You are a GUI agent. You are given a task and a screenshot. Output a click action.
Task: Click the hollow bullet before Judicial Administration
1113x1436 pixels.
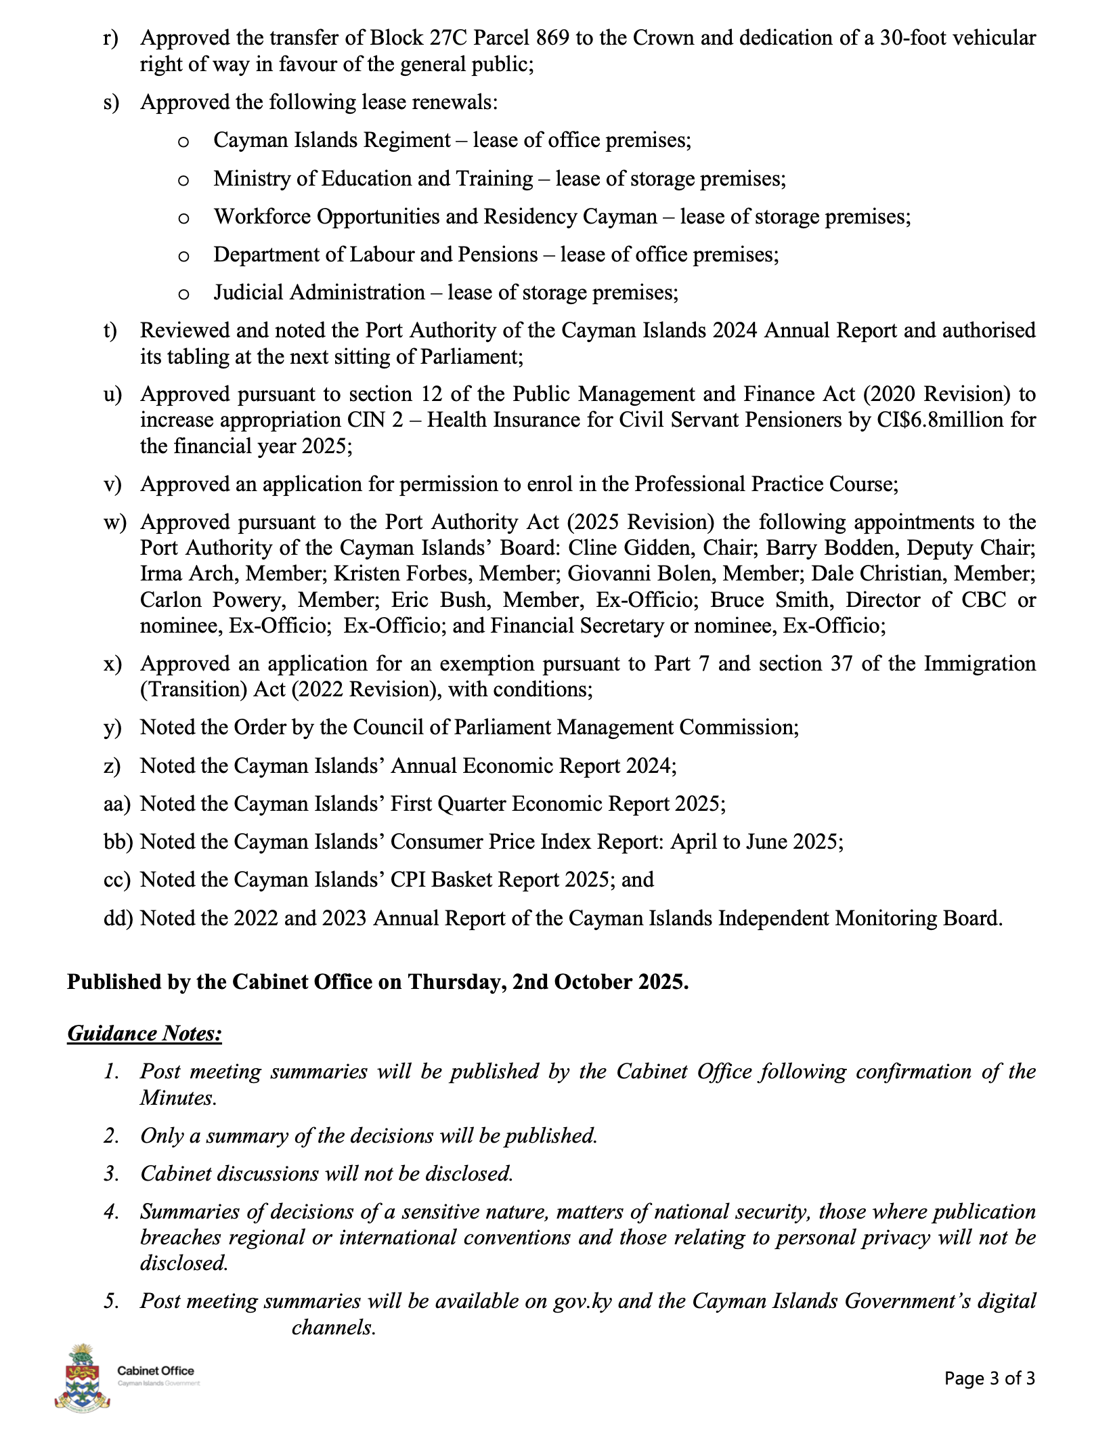183,294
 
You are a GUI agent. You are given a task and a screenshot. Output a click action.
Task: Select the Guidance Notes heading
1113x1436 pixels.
145,1034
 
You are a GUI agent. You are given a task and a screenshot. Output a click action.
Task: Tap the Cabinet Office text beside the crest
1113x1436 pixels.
155,1371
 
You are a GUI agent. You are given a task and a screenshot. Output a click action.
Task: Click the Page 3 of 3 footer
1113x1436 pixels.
990,1378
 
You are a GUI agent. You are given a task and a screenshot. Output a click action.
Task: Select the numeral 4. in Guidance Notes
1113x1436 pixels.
112,1212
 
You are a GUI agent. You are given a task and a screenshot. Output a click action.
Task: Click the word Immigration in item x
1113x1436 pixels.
980,663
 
